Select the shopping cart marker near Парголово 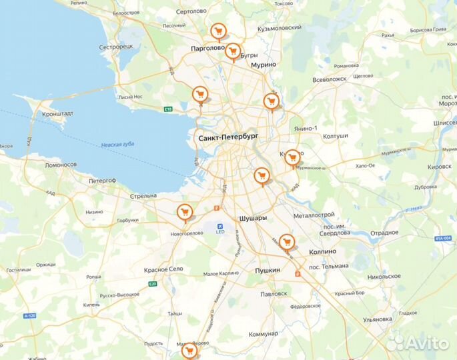point(217,31)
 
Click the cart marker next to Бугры point(232,50)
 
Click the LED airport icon point(219,227)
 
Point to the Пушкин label point(268,270)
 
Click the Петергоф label point(102,180)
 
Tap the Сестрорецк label point(116,47)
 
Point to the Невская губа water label point(118,145)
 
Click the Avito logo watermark point(418,343)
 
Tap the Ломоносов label point(61,164)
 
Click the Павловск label point(274,293)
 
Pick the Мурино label point(264,65)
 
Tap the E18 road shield point(168,109)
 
